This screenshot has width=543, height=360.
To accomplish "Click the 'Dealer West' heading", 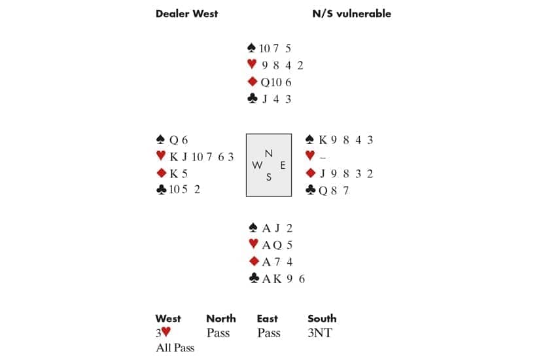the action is (x=186, y=14).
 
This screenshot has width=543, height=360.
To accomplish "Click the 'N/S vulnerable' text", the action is (x=352, y=14).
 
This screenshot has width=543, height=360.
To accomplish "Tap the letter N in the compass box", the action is (x=269, y=153).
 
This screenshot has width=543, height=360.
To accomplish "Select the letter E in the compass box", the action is (x=283, y=166).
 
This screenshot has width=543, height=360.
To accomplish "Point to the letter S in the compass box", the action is (x=269, y=177).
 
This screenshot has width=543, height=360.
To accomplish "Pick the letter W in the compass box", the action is (x=257, y=166).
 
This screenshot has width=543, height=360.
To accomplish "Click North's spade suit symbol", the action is (x=252, y=48).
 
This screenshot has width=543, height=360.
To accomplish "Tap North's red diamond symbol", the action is (x=253, y=81).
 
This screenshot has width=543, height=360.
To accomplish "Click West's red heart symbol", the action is (x=161, y=156).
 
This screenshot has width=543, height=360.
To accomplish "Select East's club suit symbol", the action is (x=311, y=190).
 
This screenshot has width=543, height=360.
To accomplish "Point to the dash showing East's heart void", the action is (x=323, y=158).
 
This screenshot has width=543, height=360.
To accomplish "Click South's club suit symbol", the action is (x=254, y=278).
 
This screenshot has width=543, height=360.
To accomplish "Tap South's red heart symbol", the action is (x=253, y=244).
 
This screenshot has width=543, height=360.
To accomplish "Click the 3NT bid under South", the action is (x=320, y=333).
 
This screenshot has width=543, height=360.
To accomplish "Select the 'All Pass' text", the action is (x=175, y=348).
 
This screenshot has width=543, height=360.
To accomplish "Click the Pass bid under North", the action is (x=218, y=333).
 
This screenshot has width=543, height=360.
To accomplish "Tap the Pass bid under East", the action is (x=269, y=333).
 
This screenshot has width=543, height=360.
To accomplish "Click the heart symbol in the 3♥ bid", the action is (x=166, y=332).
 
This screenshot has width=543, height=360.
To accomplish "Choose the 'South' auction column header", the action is (x=322, y=318).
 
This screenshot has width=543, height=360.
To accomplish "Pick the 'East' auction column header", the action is (x=268, y=318).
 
